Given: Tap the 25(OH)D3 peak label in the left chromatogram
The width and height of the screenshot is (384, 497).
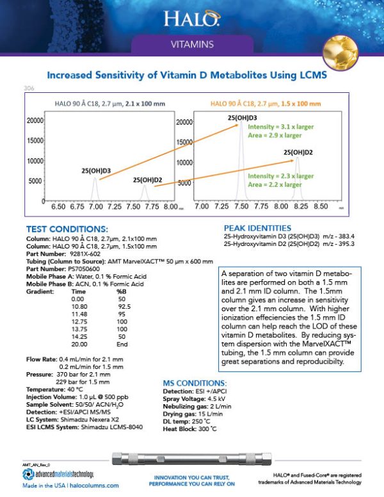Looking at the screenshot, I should [x=96, y=170].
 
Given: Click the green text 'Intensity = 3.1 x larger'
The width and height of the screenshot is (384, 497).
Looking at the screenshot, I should [x=280, y=127].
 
